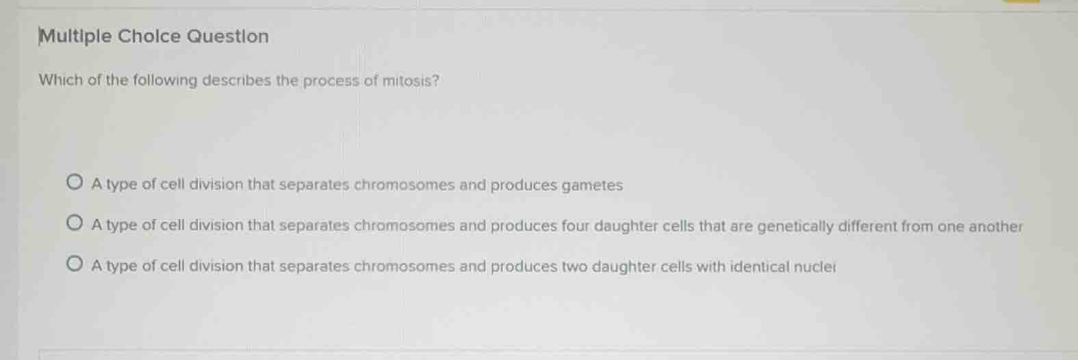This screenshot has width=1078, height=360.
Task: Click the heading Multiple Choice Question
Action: (154, 36)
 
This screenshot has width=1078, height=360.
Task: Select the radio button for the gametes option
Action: (75, 183)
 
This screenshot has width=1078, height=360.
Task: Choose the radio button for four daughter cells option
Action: (75, 223)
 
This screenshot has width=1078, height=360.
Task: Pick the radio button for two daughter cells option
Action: (75, 264)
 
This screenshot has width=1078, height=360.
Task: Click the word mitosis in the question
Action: (410, 81)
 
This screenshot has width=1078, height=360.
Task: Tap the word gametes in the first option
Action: (592, 185)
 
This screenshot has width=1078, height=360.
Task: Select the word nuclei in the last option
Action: (814, 266)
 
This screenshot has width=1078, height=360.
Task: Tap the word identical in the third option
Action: (758, 266)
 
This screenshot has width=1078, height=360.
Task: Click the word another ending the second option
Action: (995, 227)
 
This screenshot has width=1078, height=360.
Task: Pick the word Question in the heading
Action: (228, 36)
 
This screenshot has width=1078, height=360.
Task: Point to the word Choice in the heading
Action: (149, 36)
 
